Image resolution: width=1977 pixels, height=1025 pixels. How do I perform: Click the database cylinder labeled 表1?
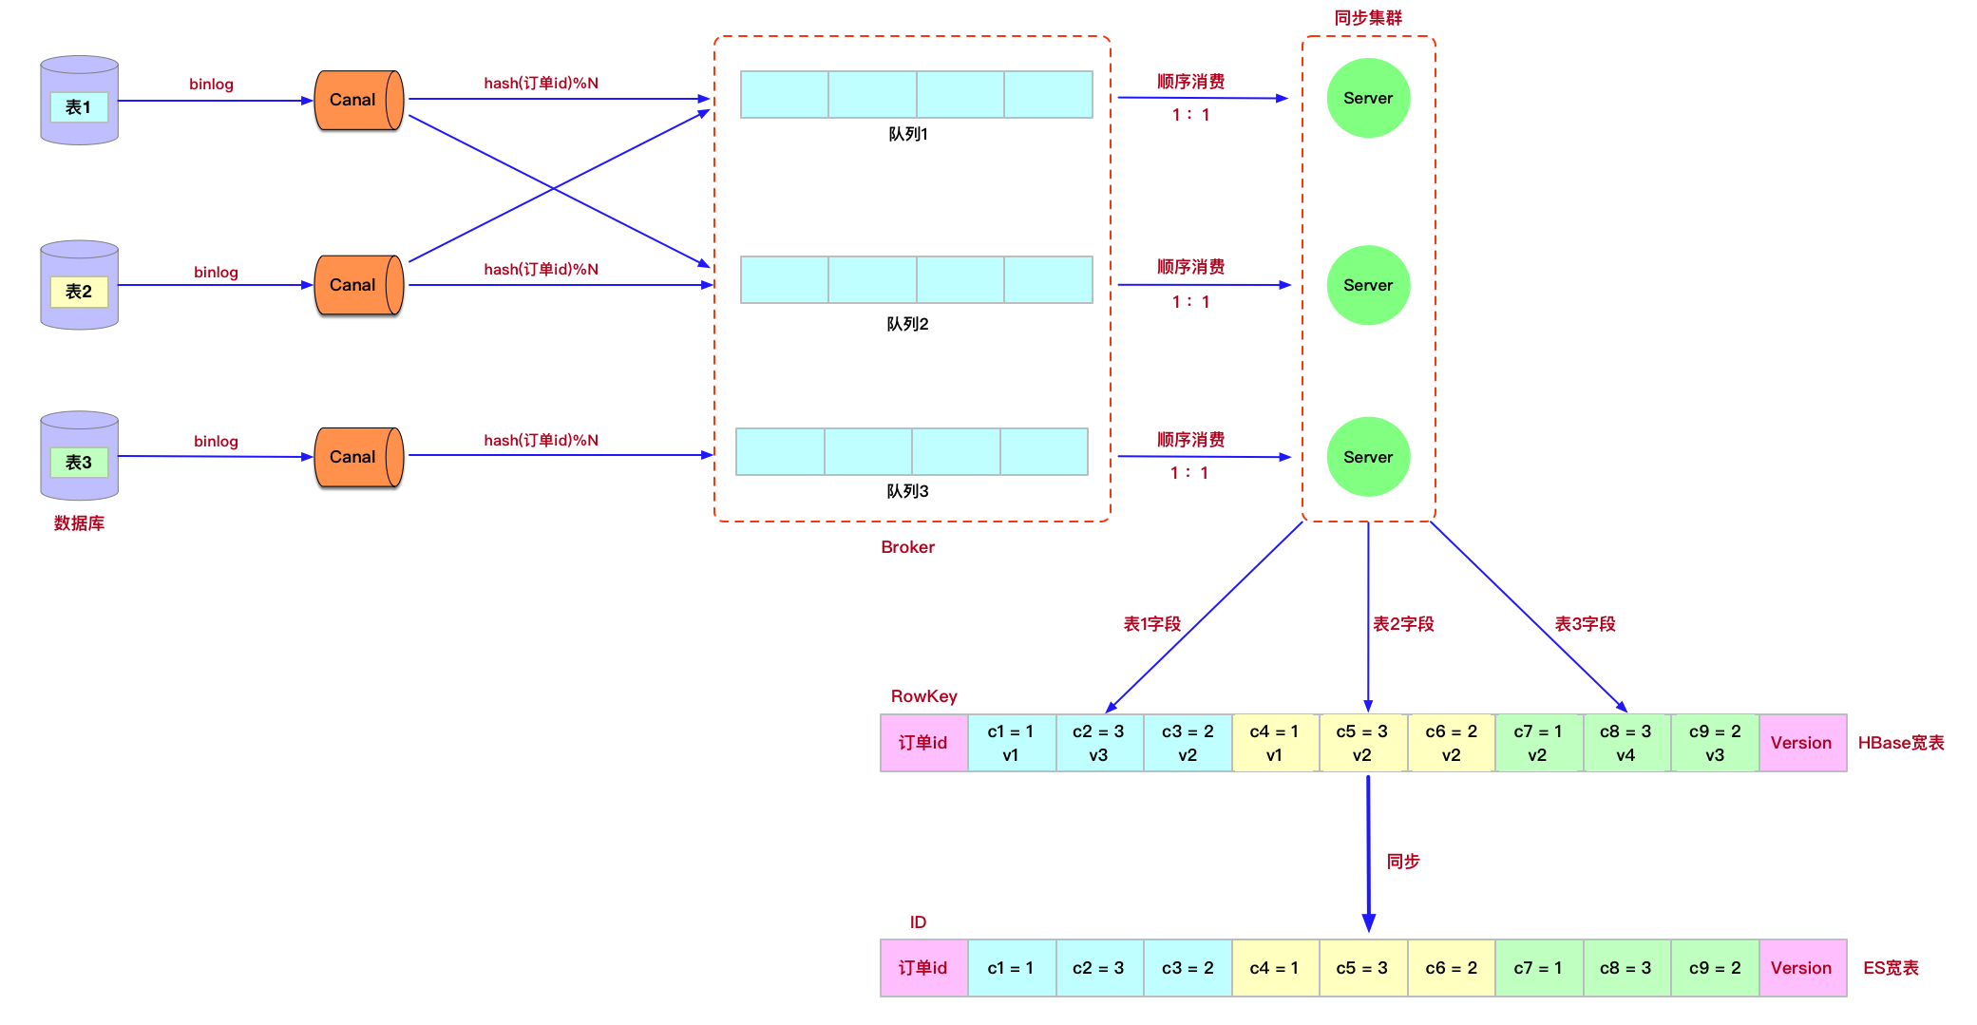pos(79,101)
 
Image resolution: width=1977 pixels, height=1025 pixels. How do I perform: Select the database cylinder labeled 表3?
pos(79,456)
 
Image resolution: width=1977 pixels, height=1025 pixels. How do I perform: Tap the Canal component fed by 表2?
pos(358,285)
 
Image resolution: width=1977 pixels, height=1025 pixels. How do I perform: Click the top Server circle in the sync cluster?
pos(1367,98)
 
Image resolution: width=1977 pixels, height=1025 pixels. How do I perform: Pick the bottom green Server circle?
pos(1367,457)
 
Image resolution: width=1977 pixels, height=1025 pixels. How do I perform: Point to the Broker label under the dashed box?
pos(907,547)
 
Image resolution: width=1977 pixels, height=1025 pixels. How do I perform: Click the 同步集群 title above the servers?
pos(1367,18)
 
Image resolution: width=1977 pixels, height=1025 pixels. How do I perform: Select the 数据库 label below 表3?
pos(79,523)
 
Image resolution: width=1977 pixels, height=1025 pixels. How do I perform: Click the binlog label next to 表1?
pos(211,84)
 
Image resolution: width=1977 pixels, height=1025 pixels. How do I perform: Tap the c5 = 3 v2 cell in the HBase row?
pos(1361,743)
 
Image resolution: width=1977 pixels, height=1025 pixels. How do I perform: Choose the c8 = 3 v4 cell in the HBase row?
pos(1625,743)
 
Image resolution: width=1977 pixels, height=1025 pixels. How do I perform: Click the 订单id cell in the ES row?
pos(922,968)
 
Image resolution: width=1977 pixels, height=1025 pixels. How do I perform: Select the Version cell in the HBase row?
pos(1800,743)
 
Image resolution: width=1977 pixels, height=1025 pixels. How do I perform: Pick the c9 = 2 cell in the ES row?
pos(1714,968)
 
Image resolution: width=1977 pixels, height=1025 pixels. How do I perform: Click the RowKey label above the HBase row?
pos(923,696)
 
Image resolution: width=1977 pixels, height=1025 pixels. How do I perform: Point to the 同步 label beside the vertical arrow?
pos(1403,862)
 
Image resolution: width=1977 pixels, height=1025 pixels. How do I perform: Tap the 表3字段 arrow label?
pos(1585,624)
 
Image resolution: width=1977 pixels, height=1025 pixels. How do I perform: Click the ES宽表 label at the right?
pos(1891,968)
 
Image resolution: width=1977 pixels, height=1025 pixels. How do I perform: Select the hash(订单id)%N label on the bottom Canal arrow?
pos(541,440)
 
